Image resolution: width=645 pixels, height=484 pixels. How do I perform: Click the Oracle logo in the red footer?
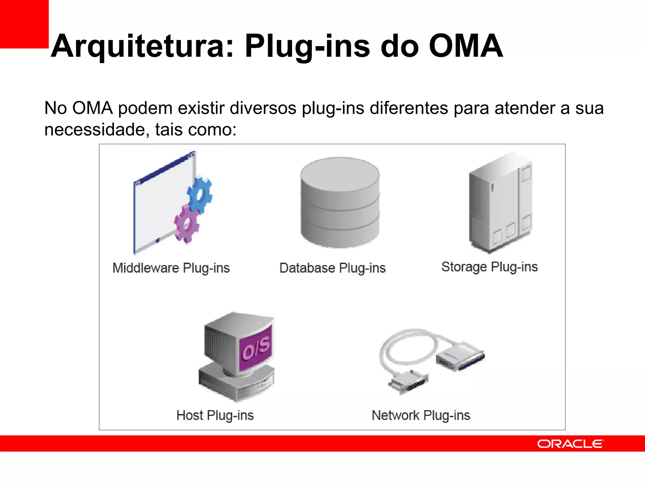(x=570, y=444)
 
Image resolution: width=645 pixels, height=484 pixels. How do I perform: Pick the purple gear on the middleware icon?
(x=187, y=223)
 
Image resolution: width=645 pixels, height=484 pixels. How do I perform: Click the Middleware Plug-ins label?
(x=171, y=268)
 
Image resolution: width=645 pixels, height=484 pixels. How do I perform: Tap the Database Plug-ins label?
(x=332, y=268)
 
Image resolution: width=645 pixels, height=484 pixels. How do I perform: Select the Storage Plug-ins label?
(x=489, y=267)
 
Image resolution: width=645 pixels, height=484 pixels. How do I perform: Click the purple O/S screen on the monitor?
(x=256, y=348)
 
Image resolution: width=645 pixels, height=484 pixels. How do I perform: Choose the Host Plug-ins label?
(x=215, y=415)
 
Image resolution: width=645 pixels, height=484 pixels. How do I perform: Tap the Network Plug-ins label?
(x=421, y=415)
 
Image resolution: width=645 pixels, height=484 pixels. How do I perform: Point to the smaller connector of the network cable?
(x=409, y=382)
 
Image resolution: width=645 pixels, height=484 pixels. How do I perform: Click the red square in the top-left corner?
(x=24, y=24)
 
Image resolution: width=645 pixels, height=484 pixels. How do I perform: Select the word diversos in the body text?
(x=263, y=108)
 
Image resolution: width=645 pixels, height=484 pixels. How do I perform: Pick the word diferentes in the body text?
(x=408, y=108)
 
